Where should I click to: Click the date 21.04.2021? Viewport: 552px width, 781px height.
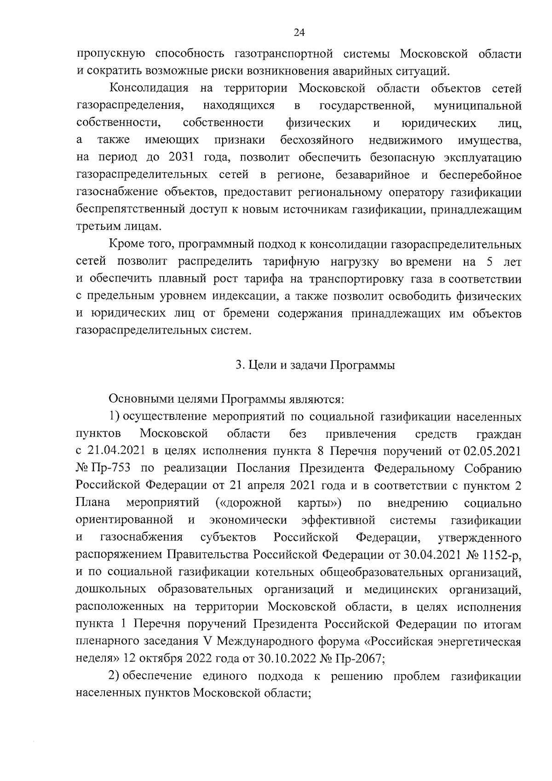click(111, 451)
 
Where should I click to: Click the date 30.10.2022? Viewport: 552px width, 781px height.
click(289, 659)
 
